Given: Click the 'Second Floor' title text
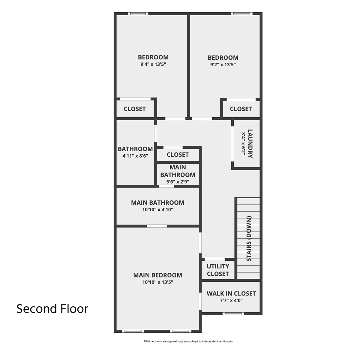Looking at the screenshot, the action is [x=52, y=309].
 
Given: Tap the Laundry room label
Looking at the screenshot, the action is [x=250, y=143].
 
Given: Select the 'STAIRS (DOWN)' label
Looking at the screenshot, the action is [x=249, y=238].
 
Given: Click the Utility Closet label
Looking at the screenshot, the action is [x=218, y=270].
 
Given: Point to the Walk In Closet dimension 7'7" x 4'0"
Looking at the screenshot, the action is [x=231, y=300].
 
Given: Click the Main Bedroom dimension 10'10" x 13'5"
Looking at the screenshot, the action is [x=158, y=282].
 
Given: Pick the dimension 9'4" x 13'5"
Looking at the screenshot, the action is [x=153, y=64].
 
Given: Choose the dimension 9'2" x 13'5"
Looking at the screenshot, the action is [x=223, y=64].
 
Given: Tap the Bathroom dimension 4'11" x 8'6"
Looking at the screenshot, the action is [x=135, y=156].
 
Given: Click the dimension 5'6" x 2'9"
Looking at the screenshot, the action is [x=178, y=181].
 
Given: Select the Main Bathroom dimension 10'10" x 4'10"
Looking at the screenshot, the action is [x=158, y=210].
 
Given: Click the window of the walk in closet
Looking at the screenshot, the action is [x=233, y=313].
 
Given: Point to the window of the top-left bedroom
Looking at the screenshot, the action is [x=138, y=13].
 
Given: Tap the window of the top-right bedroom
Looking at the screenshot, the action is [x=242, y=13].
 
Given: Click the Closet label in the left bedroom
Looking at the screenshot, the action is [x=134, y=109].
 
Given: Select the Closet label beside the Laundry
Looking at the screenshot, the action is [x=241, y=109].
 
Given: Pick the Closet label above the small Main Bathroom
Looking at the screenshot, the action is [x=178, y=155].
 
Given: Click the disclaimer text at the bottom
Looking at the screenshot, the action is [x=188, y=341].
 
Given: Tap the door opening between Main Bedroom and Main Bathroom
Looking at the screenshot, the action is [x=157, y=226].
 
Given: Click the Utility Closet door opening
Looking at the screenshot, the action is [x=215, y=259].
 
